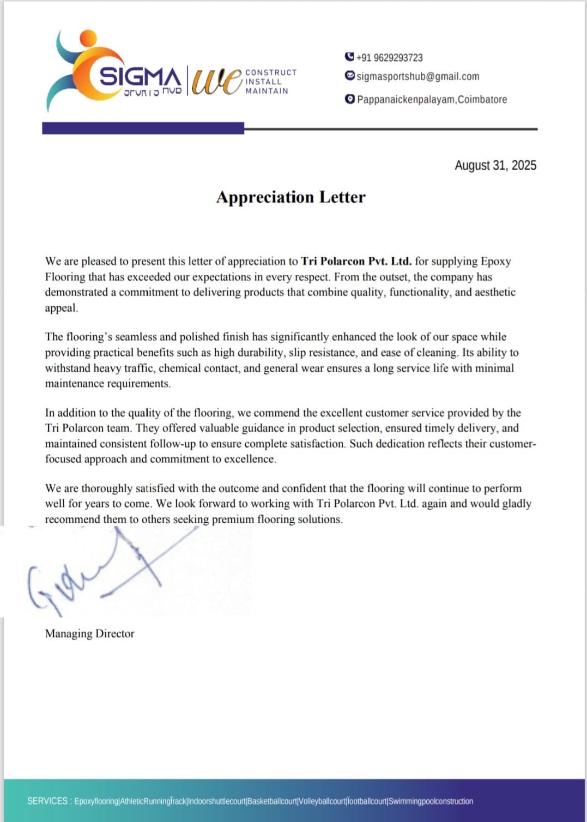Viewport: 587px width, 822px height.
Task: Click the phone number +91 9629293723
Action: pos(389,58)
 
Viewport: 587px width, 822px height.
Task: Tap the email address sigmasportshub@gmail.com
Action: pos(417,76)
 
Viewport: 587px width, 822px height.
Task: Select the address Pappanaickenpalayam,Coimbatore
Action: pos(432,99)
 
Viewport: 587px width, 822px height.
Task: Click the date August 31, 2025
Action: pos(495,165)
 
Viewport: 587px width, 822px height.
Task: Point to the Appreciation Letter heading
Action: pos(291,197)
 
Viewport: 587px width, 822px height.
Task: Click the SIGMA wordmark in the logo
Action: pos(140,77)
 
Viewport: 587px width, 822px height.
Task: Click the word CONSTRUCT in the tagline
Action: pos(271,72)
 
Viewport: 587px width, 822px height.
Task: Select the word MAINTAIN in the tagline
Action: pos(267,91)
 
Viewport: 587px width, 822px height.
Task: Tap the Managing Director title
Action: pos(89,633)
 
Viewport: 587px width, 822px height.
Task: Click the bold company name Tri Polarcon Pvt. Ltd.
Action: pos(356,261)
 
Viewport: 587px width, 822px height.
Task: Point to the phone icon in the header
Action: pos(349,57)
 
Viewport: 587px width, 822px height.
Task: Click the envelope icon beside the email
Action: pos(350,76)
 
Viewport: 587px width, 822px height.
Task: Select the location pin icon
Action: pos(350,99)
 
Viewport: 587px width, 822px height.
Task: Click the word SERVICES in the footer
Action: pos(47,801)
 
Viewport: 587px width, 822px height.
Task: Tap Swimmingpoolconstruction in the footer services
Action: pos(431,801)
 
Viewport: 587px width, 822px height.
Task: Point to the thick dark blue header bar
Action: pos(143,128)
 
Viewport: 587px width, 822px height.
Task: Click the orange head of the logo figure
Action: pos(88,39)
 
